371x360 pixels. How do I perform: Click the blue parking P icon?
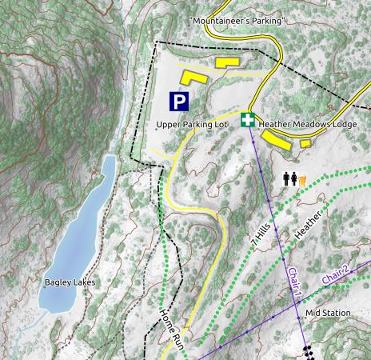179,102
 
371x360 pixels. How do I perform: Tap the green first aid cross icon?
249,120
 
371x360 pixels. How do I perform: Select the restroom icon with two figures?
290,179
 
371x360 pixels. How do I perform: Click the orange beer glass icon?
302,180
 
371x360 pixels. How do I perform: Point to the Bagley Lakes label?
70,282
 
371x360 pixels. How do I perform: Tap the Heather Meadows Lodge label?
308,125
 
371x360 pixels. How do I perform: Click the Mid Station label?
329,313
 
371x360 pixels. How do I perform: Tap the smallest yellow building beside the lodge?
305,143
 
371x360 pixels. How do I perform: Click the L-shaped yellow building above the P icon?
193,78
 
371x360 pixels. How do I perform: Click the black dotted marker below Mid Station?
307,352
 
